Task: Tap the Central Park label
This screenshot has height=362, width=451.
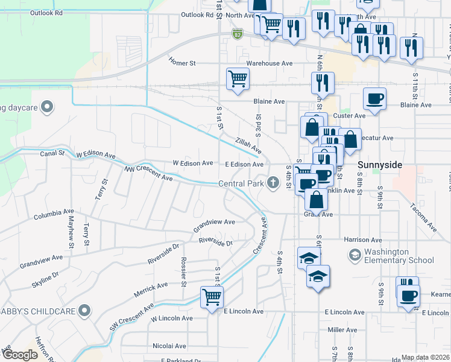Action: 242,183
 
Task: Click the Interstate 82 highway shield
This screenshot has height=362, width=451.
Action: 238,36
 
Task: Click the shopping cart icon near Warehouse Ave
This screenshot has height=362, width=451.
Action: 238,78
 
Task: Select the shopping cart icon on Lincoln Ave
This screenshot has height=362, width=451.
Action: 212,297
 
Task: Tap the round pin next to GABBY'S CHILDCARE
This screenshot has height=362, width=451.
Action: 85,311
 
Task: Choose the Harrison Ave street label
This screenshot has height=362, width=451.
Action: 365,240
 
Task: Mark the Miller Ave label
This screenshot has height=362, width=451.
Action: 342,330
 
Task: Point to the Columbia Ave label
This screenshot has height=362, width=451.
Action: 54,214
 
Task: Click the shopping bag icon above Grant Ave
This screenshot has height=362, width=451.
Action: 317,200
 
